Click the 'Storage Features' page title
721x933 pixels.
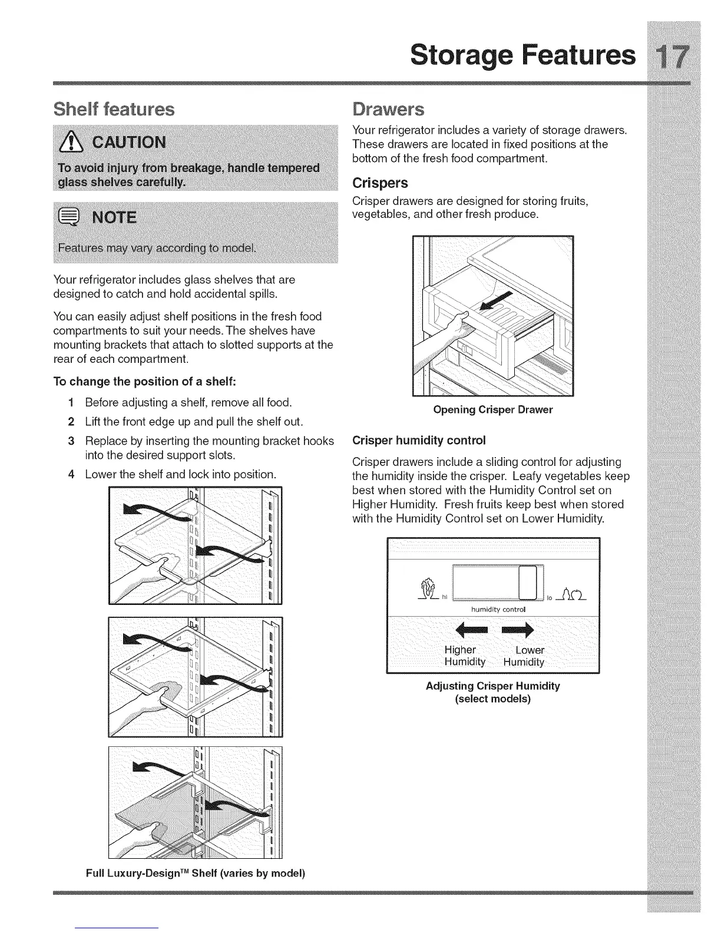pos(523,55)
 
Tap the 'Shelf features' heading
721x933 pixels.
pos(114,110)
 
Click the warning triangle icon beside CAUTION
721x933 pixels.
pos(70,143)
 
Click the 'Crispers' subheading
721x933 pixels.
pos(380,183)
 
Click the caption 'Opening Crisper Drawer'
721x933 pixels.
pos(493,410)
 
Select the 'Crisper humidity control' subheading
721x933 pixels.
pos(418,441)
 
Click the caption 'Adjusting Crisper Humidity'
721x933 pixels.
pos(492,686)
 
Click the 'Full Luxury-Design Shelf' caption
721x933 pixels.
pos(195,873)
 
